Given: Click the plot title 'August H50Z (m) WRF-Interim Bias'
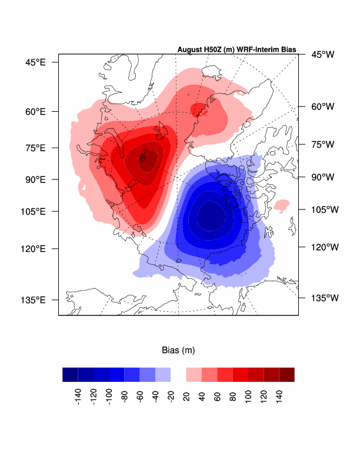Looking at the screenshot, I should point(236,49).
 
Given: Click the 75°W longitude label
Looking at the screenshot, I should point(322,144).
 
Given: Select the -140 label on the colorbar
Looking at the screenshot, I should point(78,398).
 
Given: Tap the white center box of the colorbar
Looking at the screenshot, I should point(178,375).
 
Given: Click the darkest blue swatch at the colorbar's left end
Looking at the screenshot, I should point(70,375).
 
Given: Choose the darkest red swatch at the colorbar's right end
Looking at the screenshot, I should point(286,375).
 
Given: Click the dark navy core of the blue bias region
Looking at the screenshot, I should point(210,218).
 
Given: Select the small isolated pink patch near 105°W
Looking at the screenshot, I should point(282,205).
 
